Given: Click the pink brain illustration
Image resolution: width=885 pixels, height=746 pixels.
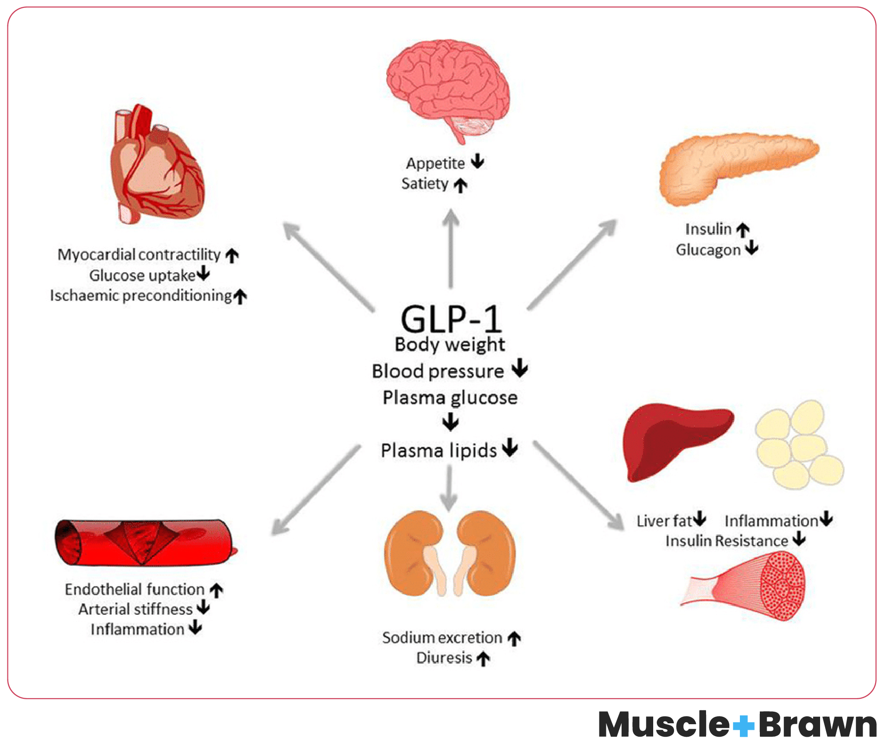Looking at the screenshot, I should click(x=447, y=88).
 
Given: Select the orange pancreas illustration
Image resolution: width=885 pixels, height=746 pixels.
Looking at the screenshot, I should click(x=732, y=165).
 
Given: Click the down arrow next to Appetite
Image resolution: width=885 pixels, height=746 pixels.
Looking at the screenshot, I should click(x=478, y=161).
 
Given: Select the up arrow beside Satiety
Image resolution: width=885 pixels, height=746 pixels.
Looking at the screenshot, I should click(x=460, y=185).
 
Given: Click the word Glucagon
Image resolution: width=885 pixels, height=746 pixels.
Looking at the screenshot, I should click(x=708, y=250).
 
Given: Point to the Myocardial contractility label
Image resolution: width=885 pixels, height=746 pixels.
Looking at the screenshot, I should click(x=139, y=255).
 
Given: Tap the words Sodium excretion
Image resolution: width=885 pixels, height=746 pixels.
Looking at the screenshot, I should click(x=442, y=638).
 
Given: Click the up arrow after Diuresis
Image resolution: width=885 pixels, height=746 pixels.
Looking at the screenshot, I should click(x=483, y=658).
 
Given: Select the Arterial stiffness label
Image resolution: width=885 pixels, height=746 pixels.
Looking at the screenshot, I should click(x=135, y=609).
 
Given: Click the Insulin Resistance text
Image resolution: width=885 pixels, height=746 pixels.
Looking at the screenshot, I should click(x=726, y=541).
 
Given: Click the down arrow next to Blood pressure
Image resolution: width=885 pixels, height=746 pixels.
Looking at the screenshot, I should click(x=520, y=369).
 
